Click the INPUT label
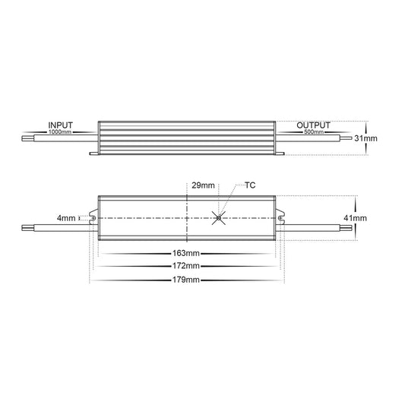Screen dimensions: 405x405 click(x=61, y=125)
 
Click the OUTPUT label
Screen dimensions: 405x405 click(x=313, y=125)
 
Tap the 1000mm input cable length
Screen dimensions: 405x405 click(x=60, y=132)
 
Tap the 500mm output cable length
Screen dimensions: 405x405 click(x=314, y=132)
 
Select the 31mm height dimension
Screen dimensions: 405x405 click(x=365, y=138)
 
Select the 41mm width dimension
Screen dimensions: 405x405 click(x=355, y=218)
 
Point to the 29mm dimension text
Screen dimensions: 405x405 click(x=203, y=185)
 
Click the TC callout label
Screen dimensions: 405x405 click(x=250, y=185)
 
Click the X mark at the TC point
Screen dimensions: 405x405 click(x=219, y=218)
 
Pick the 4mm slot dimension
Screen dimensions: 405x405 click(x=66, y=218)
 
